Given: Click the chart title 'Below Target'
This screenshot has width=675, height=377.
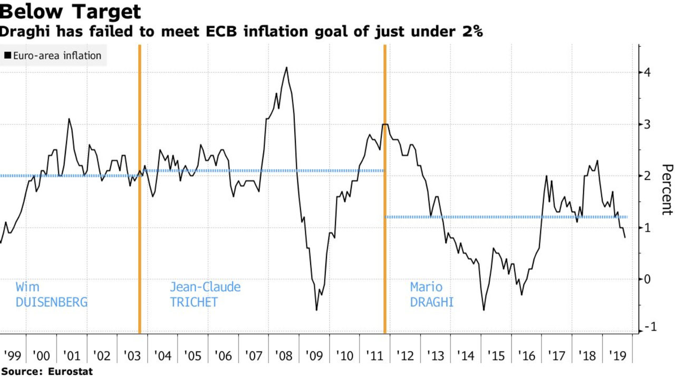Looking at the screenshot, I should point(70,12).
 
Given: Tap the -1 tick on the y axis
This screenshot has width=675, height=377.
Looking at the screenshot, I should point(646,327).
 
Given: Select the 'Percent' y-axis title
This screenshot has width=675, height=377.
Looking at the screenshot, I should point(666,189).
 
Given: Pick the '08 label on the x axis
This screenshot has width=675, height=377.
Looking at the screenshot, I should point(284,355).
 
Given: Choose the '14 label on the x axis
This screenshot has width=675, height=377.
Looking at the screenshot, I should point(466,355).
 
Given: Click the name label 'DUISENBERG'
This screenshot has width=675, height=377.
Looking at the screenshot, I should point(51,303).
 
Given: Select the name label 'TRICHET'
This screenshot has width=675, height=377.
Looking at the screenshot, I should point(194,303).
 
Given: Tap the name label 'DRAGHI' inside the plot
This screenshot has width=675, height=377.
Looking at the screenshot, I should point(431,303).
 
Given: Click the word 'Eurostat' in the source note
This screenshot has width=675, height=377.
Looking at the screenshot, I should point(70,371).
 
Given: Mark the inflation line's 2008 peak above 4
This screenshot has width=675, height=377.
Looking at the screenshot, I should point(286,67).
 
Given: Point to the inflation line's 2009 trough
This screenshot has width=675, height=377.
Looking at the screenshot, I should point(316,310).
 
